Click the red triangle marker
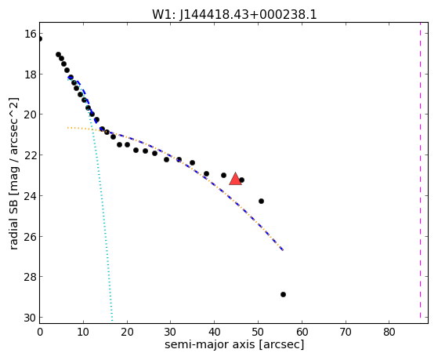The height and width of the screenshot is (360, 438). pyautogui.click(x=235, y=179)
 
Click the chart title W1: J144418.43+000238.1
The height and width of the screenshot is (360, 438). pyautogui.click(x=234, y=15)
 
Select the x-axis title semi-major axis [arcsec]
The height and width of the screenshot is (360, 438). pyautogui.click(x=234, y=344)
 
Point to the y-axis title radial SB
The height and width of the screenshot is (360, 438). pyautogui.click(x=14, y=220)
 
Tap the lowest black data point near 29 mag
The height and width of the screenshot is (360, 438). pyautogui.click(x=283, y=295)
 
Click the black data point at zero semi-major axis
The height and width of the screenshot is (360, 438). pyautogui.click(x=40, y=39)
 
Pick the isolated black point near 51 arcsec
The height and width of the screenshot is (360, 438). pyautogui.click(x=261, y=201)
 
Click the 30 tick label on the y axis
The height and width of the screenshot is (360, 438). pyautogui.click(x=31, y=318)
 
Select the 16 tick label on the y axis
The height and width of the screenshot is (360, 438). pyautogui.click(x=31, y=34)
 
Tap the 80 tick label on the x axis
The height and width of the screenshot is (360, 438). pyautogui.click(x=389, y=332)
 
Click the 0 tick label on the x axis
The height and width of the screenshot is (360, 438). pyautogui.click(x=40, y=332)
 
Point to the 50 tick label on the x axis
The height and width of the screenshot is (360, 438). pyautogui.click(x=258, y=332)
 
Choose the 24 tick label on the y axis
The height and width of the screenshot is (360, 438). pyautogui.click(x=31, y=196)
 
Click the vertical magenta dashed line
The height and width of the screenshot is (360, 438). pyautogui.click(x=420, y=170)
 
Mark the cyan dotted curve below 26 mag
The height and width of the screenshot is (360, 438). pyautogui.click(x=109, y=277)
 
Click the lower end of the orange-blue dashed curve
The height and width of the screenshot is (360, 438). pyautogui.click(x=283, y=250)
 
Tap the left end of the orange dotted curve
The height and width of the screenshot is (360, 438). pyautogui.click(x=67, y=128)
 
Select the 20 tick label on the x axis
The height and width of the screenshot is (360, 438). pyautogui.click(x=127, y=332)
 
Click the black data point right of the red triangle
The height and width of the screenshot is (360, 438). pyautogui.click(x=241, y=180)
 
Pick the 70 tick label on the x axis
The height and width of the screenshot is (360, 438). pyautogui.click(x=346, y=332)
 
